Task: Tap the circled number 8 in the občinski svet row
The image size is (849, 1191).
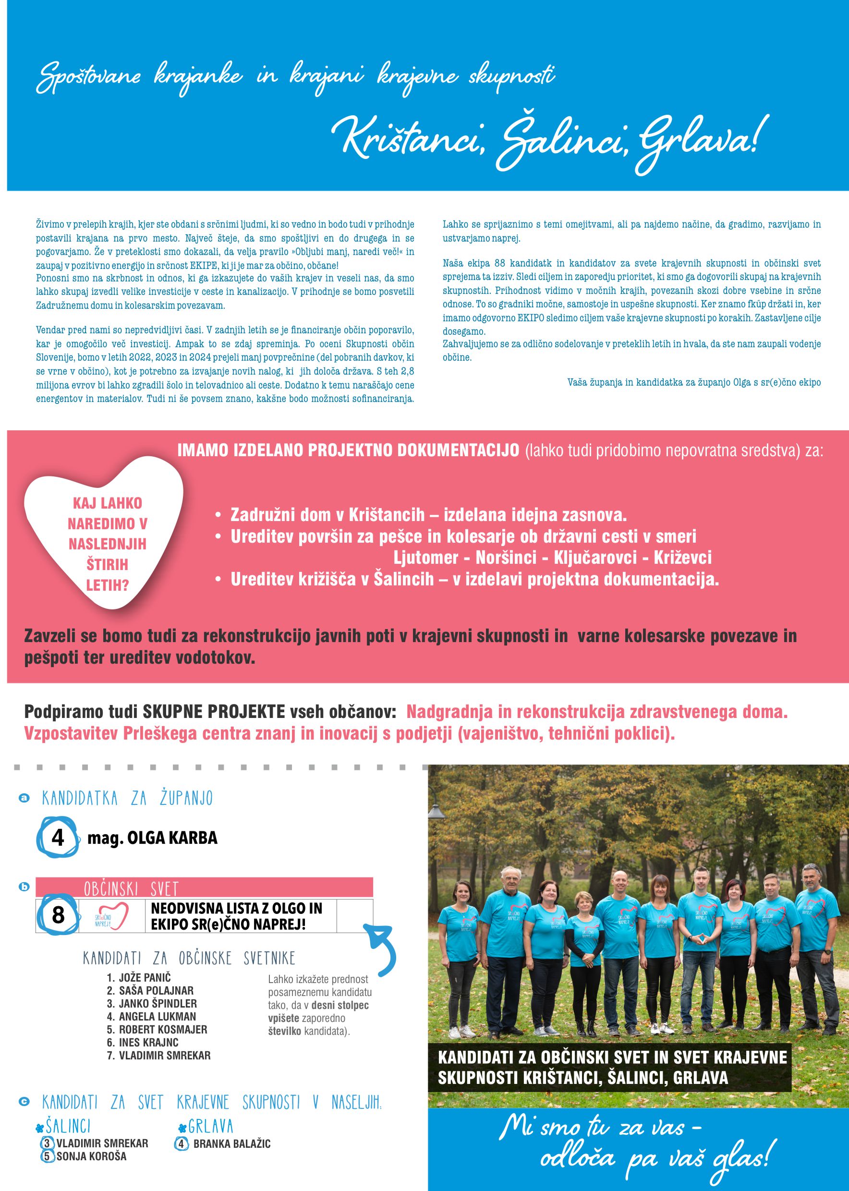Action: click(x=58, y=915)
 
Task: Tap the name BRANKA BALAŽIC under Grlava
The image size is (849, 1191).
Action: click(x=231, y=1144)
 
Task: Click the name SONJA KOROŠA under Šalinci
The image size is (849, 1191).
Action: click(x=92, y=1156)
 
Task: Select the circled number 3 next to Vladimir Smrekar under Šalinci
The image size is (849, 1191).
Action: click(x=47, y=1143)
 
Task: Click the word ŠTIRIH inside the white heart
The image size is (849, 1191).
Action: click(x=107, y=565)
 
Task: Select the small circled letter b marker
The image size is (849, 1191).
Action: click(x=24, y=887)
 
